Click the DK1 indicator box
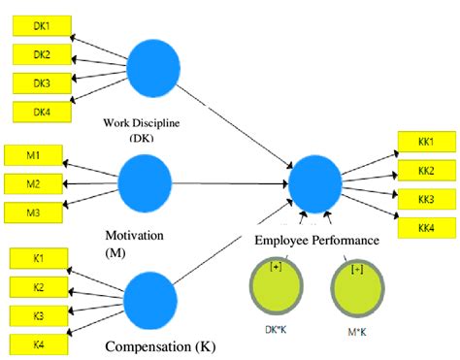point(42,25)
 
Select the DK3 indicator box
point(42,82)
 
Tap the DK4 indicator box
point(42,112)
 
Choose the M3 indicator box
point(32,212)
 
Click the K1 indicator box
point(37,259)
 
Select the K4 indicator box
point(37,344)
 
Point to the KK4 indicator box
point(426,227)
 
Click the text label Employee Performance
point(315,241)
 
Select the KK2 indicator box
point(426,172)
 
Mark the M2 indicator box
point(32,183)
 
